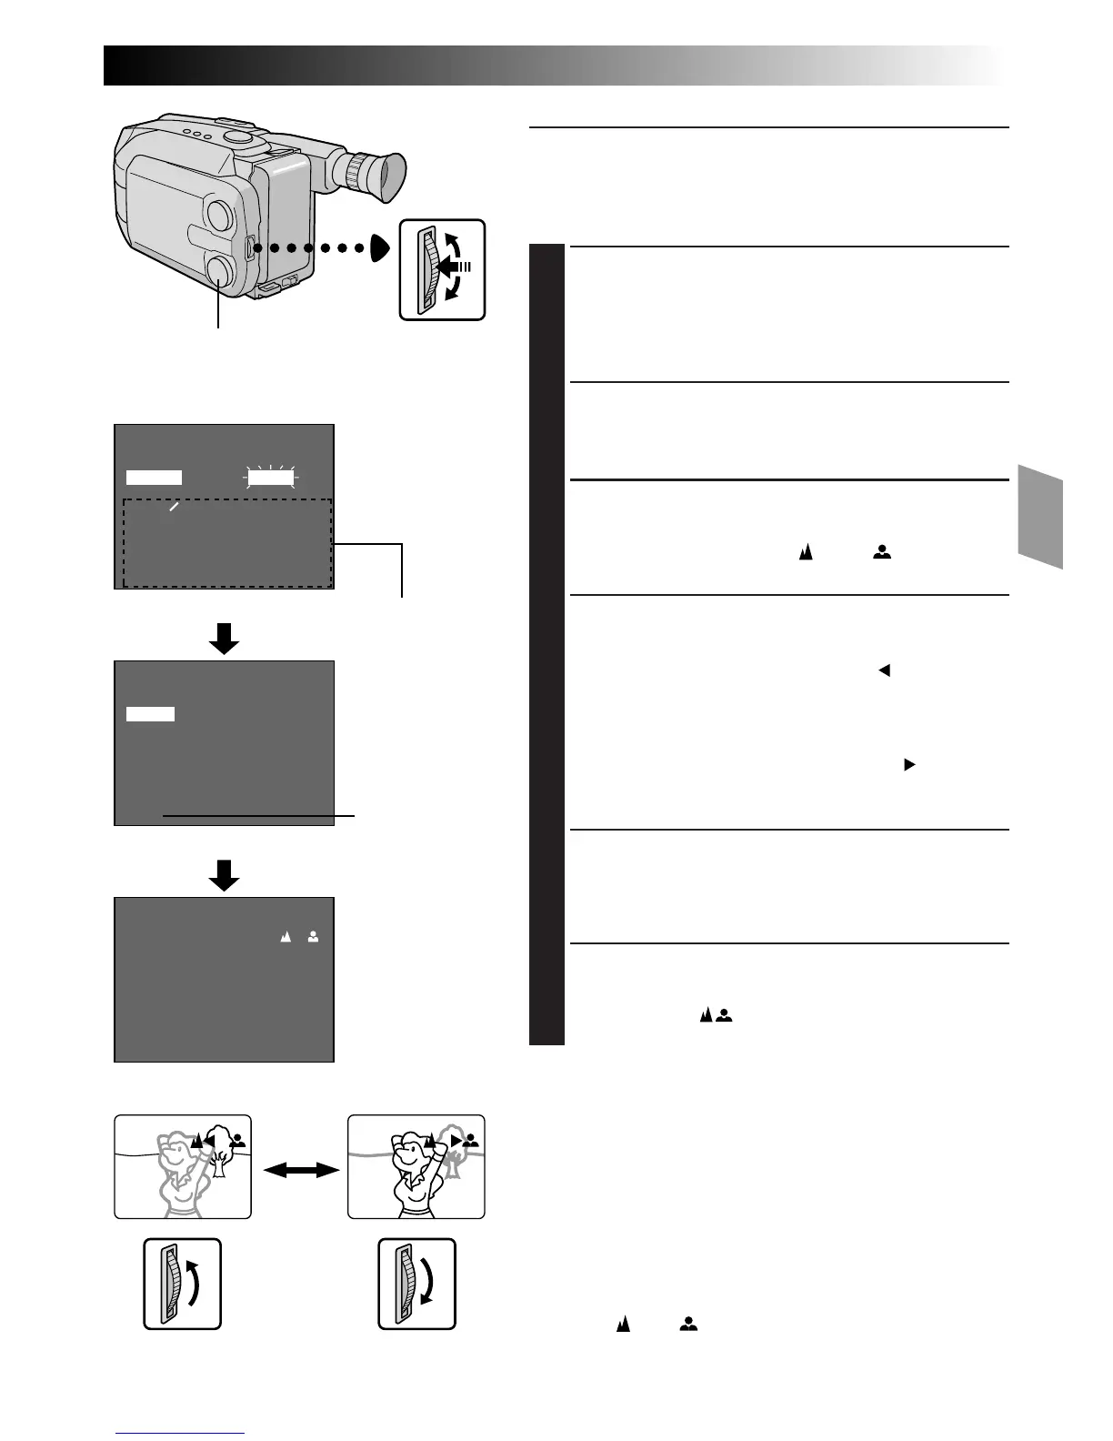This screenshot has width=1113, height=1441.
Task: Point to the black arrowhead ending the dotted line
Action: click(382, 247)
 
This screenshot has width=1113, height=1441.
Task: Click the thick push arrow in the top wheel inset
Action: click(451, 267)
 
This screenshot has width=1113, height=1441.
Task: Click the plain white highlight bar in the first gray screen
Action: click(154, 477)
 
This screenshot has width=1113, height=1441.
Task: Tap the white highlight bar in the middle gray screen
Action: click(150, 714)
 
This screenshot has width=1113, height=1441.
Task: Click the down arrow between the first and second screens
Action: click(224, 638)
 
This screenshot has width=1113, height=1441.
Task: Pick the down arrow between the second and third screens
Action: click(224, 874)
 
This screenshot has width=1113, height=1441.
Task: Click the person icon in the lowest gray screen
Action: click(313, 936)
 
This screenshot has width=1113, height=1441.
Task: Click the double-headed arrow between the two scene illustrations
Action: click(299, 1172)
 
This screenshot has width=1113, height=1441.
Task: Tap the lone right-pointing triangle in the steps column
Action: click(907, 765)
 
